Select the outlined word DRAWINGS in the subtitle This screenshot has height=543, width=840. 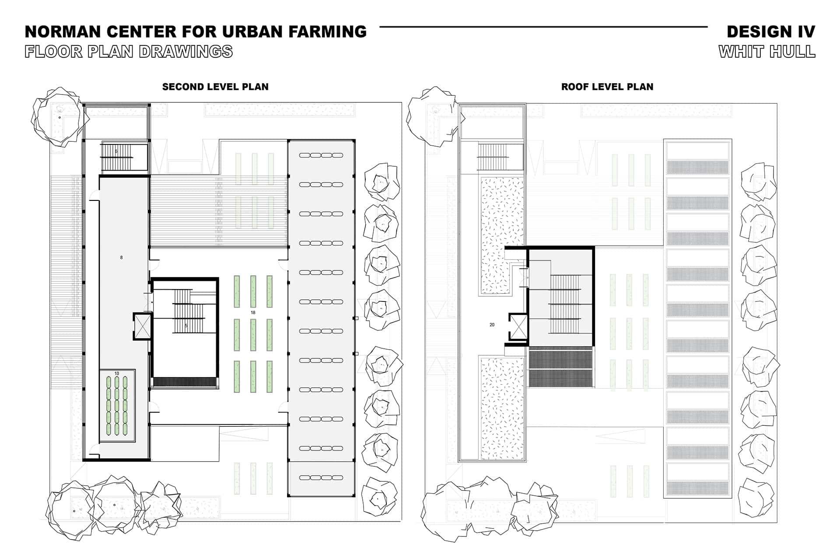(x=185, y=52)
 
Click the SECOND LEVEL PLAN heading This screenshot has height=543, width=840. (x=215, y=87)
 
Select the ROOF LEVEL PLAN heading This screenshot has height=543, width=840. (x=607, y=87)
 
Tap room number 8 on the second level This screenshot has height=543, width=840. (x=121, y=258)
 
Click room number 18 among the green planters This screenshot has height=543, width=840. (x=253, y=313)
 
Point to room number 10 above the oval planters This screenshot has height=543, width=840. (x=116, y=373)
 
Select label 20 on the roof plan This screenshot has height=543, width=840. (x=492, y=325)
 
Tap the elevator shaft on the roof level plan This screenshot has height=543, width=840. (x=519, y=326)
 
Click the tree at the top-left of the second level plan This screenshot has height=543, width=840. (x=56, y=116)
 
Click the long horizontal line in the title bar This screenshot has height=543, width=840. (x=543, y=27)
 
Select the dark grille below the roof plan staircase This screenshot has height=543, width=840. (x=560, y=367)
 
